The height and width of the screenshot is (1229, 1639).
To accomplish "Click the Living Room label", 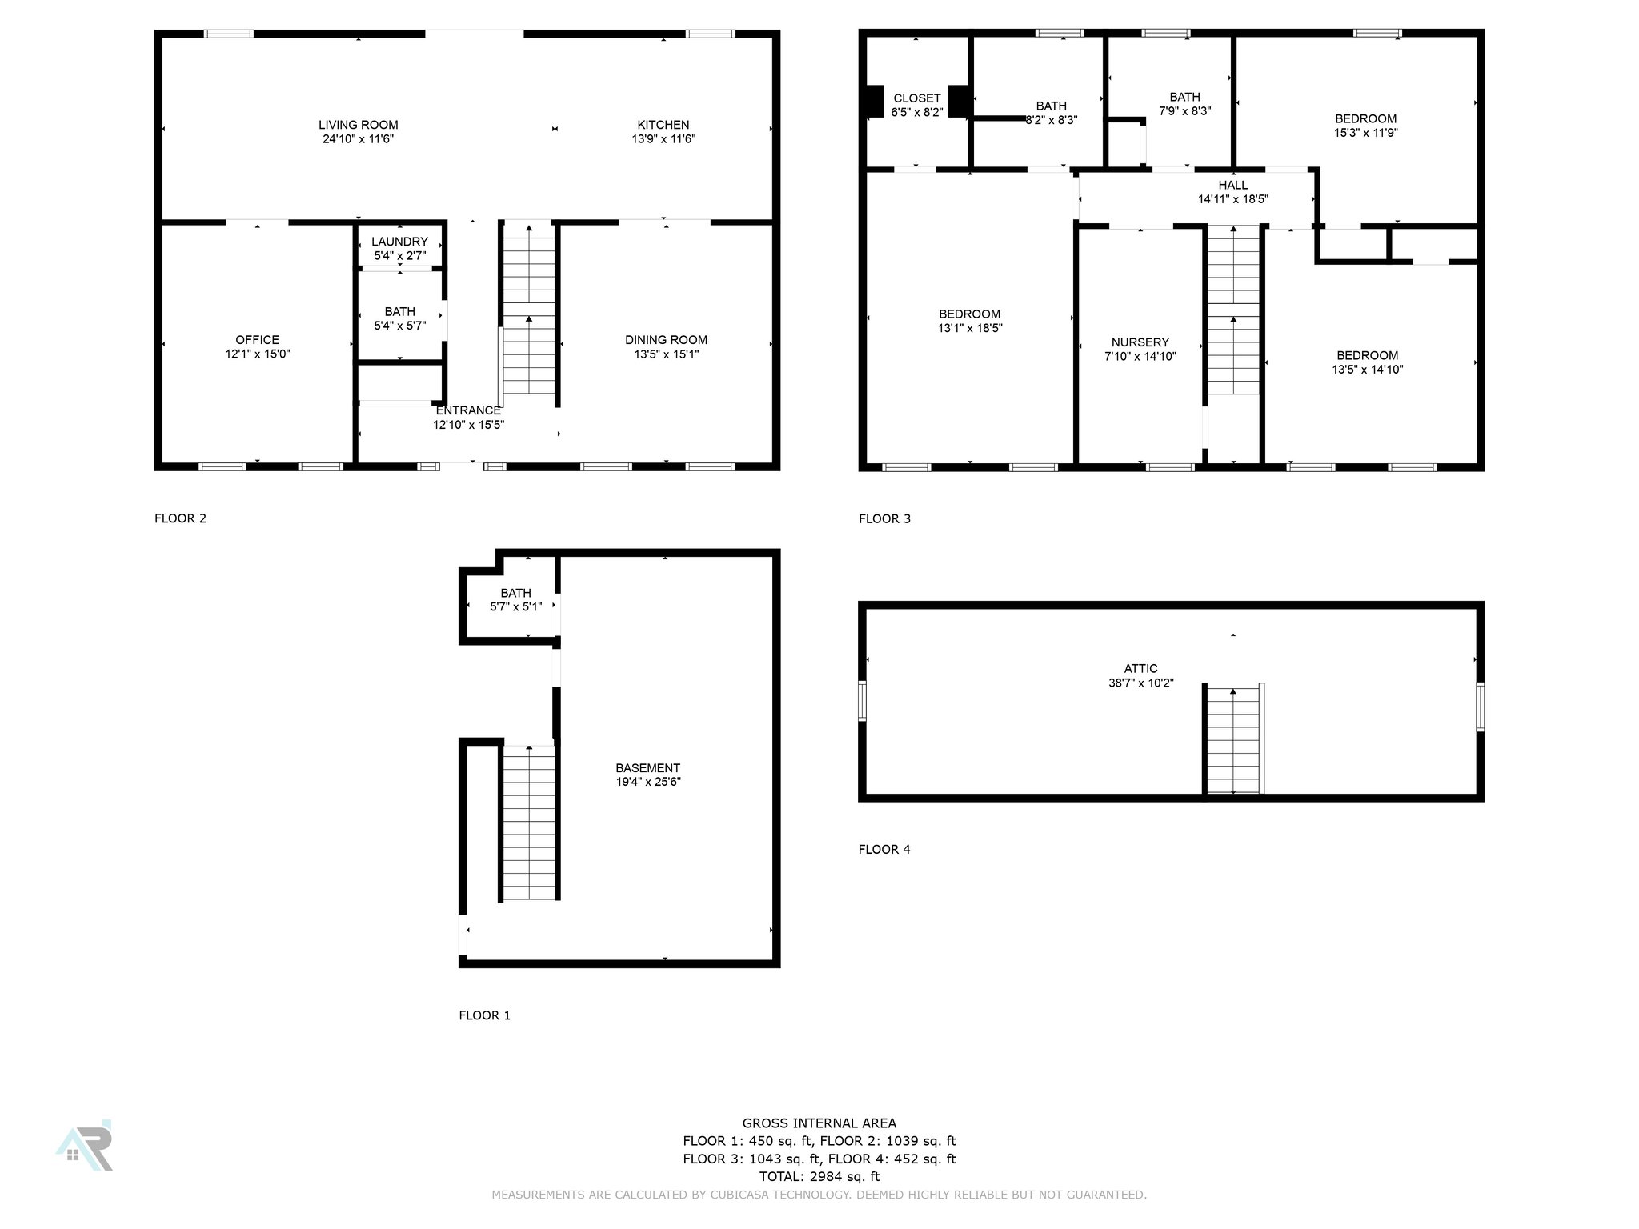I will pos(358,125).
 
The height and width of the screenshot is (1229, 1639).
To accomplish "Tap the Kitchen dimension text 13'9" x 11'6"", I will pos(663,139).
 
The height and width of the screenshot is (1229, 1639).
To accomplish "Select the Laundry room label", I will pos(399,242).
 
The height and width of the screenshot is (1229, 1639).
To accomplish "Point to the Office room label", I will pos(257,340).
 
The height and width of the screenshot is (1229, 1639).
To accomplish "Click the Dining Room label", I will pos(666,340).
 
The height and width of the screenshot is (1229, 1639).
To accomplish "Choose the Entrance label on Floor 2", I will pos(468,411).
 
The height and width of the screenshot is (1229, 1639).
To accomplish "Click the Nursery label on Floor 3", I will pos(1140,342).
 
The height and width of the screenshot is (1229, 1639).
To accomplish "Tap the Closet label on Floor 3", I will pos(916,98).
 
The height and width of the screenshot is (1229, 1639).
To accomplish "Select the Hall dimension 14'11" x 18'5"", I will pos(1232,199).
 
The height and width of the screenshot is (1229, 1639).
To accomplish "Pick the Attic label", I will pos(1140,669).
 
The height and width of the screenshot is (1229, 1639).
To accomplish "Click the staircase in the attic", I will pos(1233,740).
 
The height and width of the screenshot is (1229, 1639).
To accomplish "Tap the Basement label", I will pos(647,768).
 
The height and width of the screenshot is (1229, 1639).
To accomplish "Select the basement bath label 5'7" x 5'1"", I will pos(515,607).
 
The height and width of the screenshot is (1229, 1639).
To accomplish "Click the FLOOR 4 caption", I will pos(884,850).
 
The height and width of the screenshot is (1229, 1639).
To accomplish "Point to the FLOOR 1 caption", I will pos(484,1015).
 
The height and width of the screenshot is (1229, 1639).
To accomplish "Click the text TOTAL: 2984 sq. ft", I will pos(819,1176).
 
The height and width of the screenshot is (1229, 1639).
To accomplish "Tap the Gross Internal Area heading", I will pos(819,1123).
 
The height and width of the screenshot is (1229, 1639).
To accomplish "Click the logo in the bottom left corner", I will pos(85,1146).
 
